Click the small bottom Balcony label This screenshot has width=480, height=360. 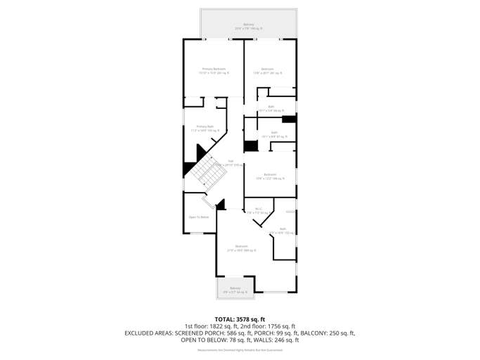click(235, 289)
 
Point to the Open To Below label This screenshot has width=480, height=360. click(199, 217)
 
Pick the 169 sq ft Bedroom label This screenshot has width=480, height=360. click(270, 176)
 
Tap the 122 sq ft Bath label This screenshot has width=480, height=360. click(283, 230)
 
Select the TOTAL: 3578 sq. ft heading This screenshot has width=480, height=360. click(240, 319)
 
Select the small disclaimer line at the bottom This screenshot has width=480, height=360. click(240, 349)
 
